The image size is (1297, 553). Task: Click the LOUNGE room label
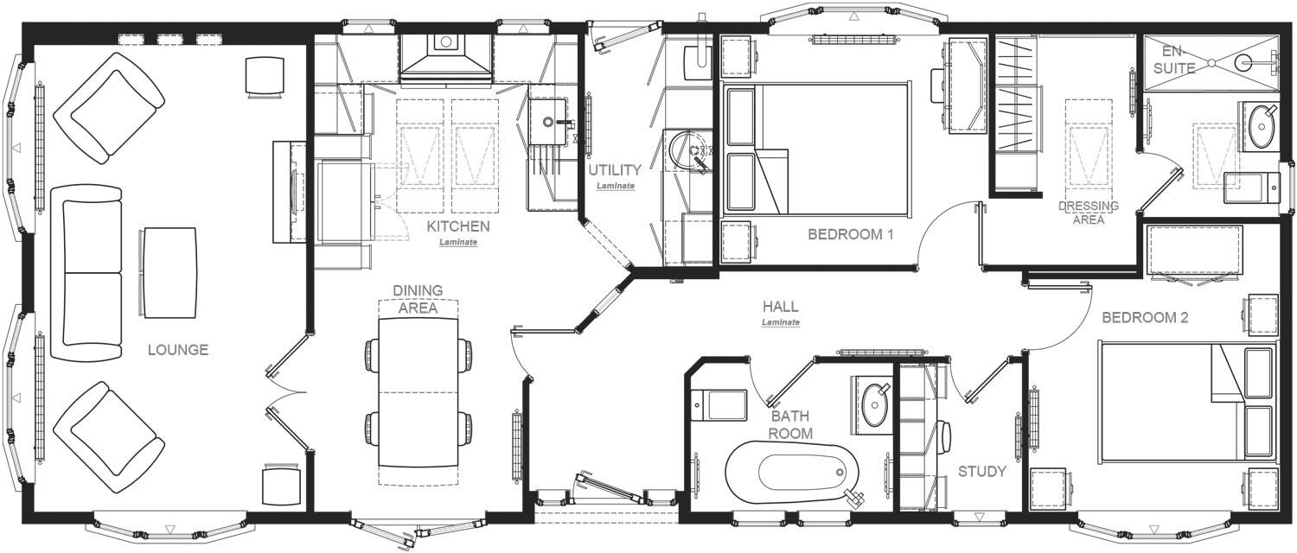click(x=177, y=350)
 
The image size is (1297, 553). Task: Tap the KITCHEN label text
click(x=457, y=226)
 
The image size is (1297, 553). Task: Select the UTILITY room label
click(x=615, y=170)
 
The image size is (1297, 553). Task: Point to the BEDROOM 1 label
click(x=850, y=234)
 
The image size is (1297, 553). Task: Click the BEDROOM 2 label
click(x=1145, y=318)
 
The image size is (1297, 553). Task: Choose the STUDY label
click(x=981, y=472)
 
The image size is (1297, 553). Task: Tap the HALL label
click(x=780, y=307)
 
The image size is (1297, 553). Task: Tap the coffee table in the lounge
click(x=169, y=272)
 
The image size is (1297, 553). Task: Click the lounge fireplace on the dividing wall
click(x=289, y=192)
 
